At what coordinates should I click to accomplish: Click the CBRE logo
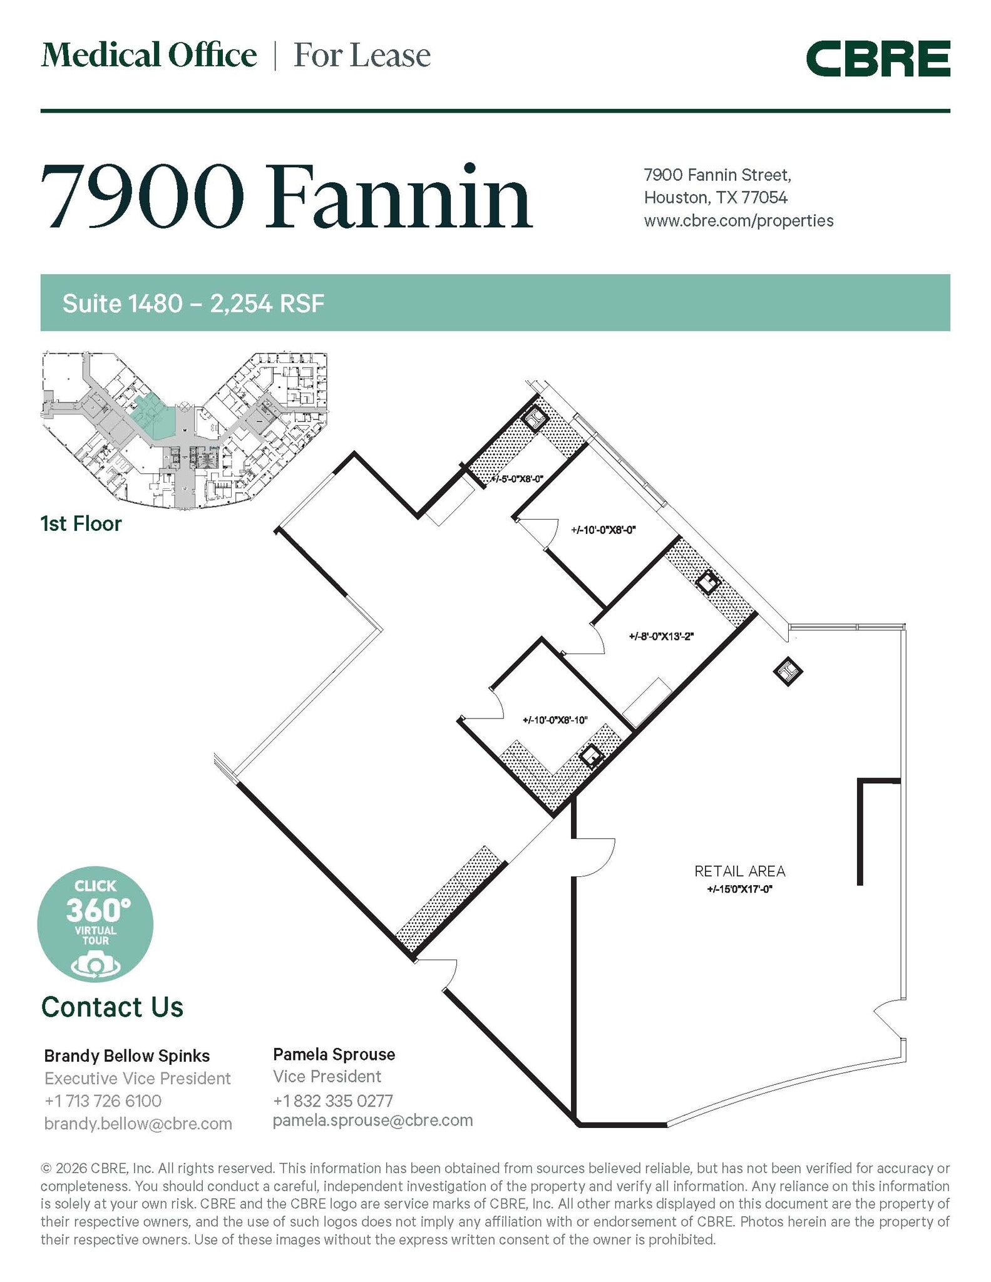coord(878,59)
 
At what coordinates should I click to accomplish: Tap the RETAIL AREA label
coord(739,871)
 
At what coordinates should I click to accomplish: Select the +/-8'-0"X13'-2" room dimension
coord(661,637)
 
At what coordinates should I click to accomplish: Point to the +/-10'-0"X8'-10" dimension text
coord(555,720)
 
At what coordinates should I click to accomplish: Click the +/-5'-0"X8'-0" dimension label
coord(516,479)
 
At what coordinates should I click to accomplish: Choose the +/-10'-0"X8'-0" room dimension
coord(603,530)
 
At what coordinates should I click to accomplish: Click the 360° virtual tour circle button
coord(95,924)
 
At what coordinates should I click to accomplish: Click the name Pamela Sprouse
coord(334,1055)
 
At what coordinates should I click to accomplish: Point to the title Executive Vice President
coord(137,1079)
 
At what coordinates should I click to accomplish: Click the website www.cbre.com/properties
coord(738,221)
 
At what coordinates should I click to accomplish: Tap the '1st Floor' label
coord(81,523)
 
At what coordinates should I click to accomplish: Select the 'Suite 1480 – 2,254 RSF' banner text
coord(193,304)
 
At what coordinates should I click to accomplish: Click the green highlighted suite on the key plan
coord(150,421)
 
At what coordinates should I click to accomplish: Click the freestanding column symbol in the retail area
coord(788,672)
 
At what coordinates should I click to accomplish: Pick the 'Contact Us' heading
coord(112,1007)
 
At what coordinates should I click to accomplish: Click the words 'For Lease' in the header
coord(362,56)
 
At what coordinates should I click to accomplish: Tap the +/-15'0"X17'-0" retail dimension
coord(739,889)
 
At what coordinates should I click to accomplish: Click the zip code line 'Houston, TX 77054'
coord(716,198)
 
